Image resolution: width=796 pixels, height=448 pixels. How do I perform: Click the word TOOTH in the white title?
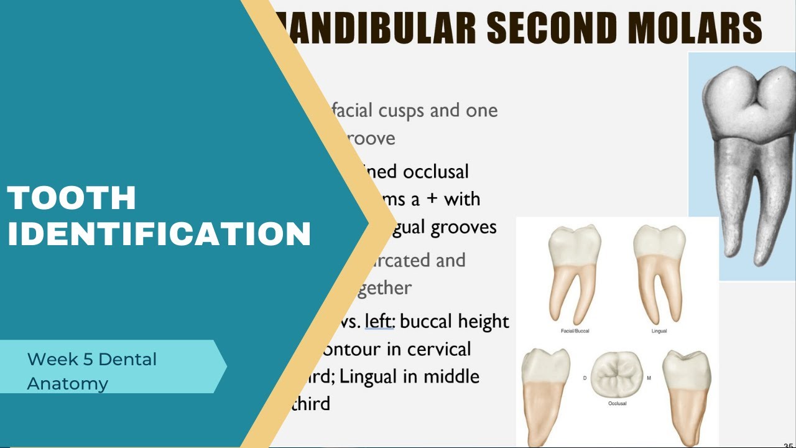[72, 198]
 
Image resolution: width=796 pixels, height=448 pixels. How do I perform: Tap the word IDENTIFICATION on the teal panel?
[159, 234]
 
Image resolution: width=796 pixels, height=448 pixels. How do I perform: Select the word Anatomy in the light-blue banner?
[68, 383]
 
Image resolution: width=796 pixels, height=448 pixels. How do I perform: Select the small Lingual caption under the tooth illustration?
[659, 331]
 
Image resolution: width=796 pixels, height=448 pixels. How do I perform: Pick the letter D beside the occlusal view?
[584, 378]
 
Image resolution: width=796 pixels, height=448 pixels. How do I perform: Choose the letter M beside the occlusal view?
[649, 378]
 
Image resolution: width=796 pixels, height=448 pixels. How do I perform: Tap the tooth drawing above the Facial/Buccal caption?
[573, 274]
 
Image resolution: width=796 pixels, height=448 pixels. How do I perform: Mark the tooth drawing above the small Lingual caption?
[659, 274]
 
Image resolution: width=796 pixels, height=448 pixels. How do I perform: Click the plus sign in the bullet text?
[430, 199]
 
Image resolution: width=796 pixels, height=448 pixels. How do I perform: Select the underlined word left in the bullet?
[379, 321]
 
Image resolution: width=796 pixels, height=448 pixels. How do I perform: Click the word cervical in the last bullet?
[439, 349]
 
